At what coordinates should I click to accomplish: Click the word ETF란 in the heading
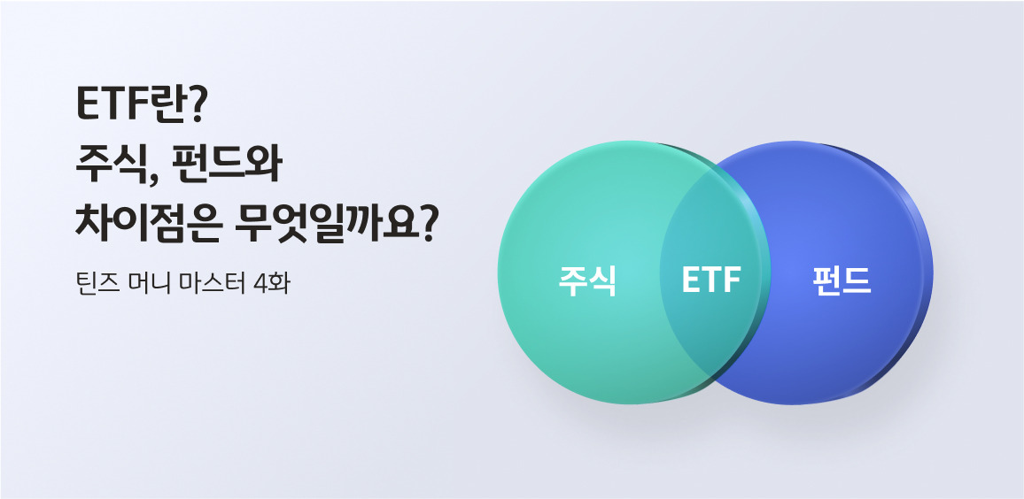tap(132, 105)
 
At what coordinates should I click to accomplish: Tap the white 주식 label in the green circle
tap(587, 281)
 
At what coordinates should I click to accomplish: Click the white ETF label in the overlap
tap(710, 281)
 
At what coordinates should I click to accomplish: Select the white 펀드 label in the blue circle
tap(842, 281)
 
